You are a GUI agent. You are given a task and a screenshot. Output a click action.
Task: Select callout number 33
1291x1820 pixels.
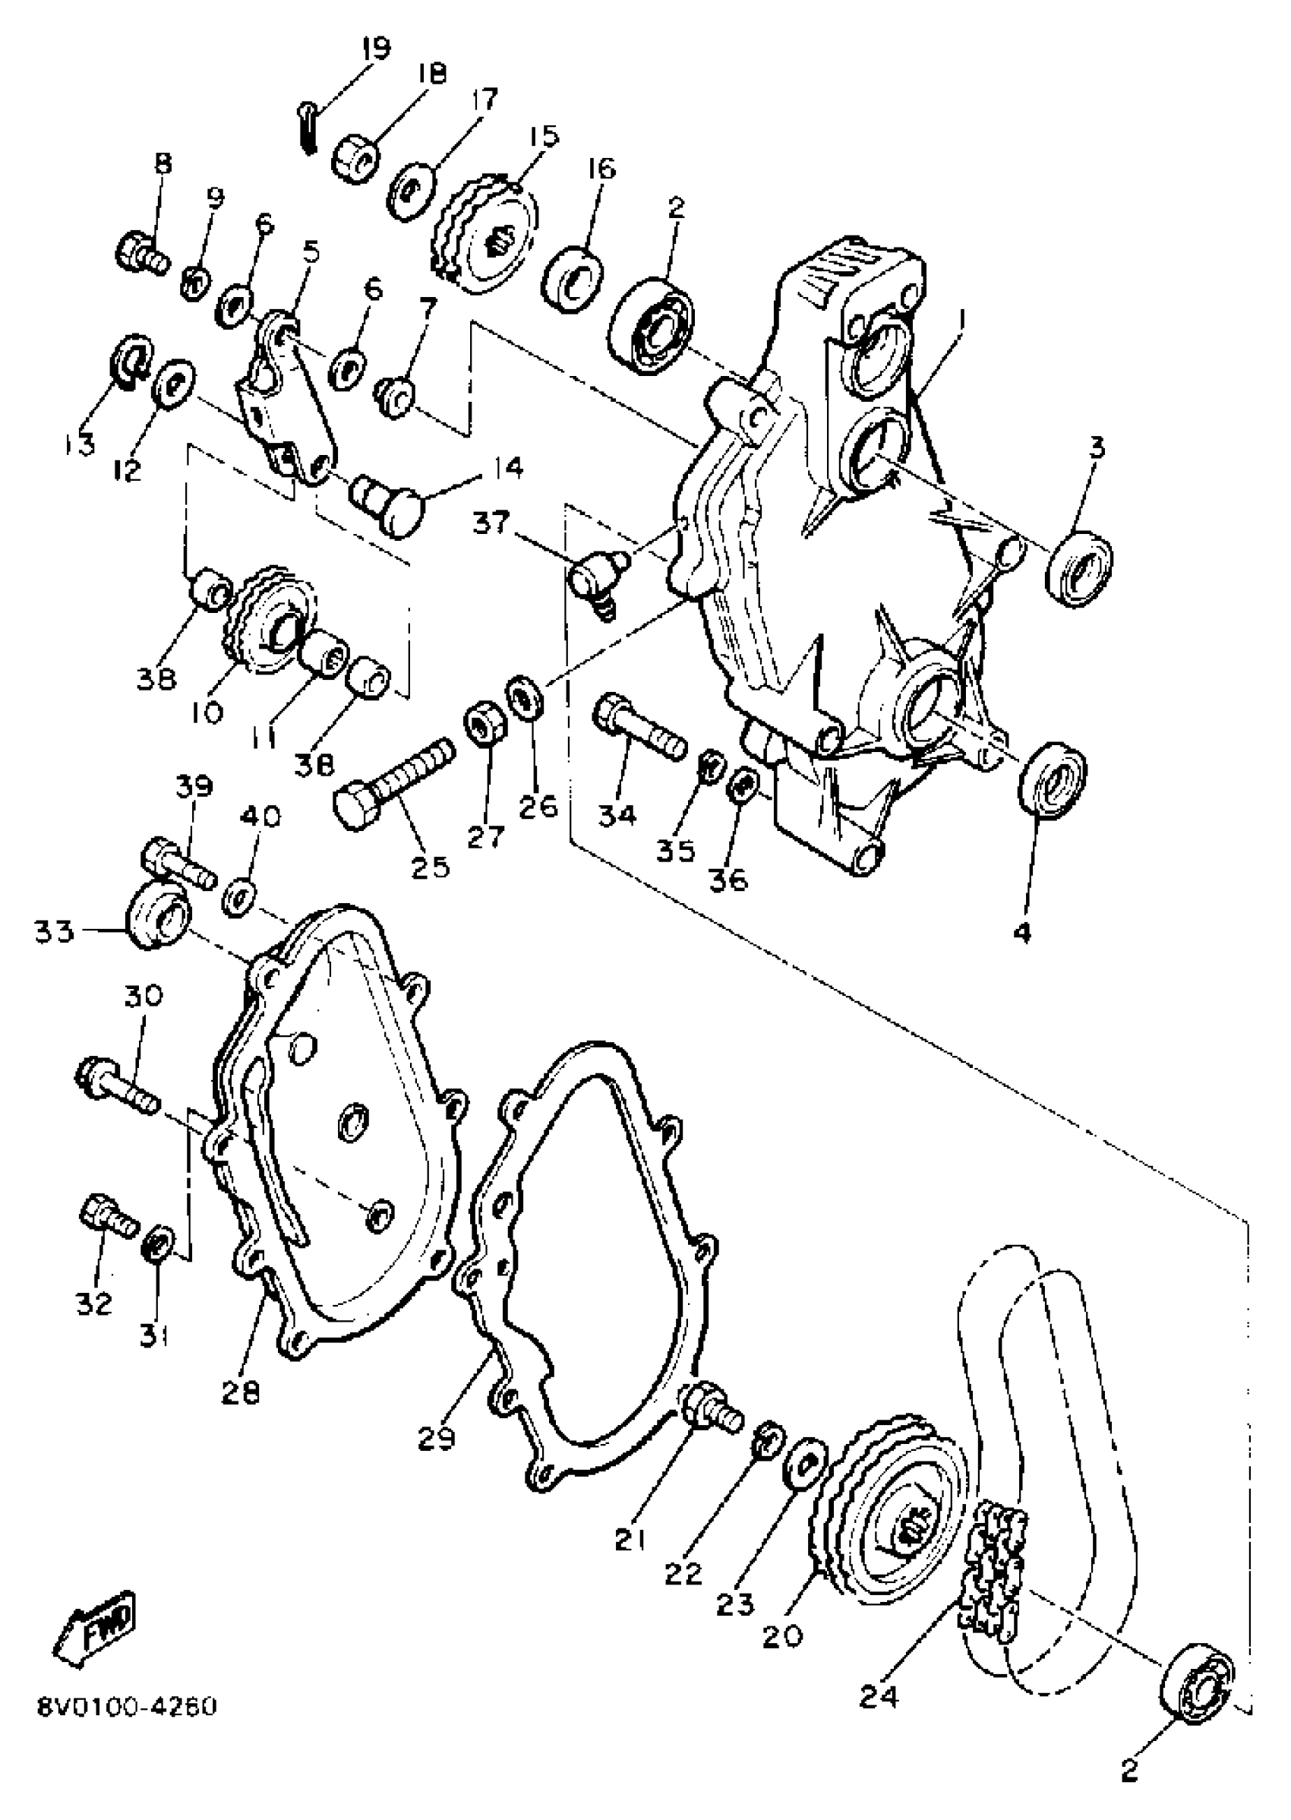(x=53, y=930)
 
